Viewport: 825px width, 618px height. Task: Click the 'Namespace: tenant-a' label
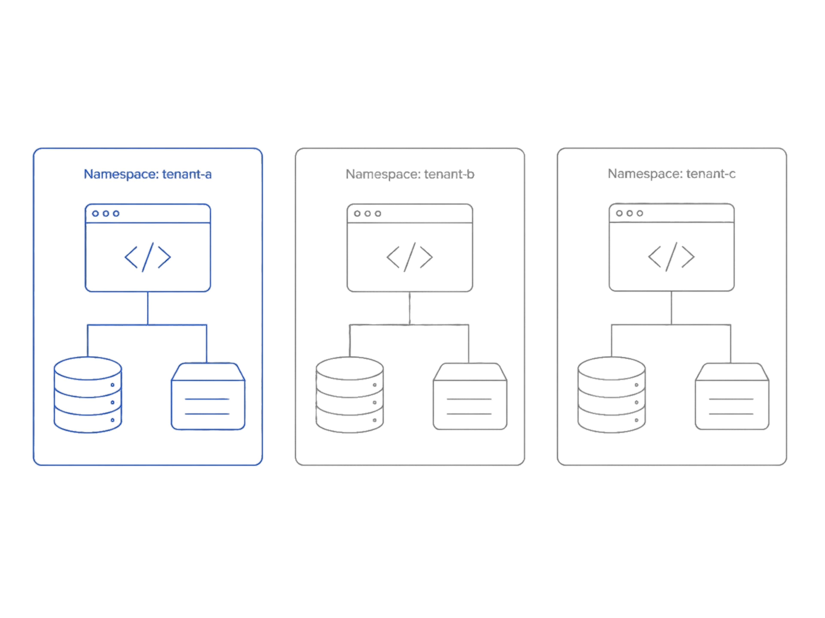click(x=148, y=174)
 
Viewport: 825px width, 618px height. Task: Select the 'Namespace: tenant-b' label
click(x=410, y=174)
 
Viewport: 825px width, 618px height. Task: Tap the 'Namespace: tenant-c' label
click(x=672, y=174)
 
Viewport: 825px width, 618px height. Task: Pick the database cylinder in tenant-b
click(x=350, y=395)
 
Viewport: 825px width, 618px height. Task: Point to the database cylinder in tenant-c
click(x=612, y=395)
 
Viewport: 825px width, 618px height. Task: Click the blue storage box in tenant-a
click(x=208, y=396)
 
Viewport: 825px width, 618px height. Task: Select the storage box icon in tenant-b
click(x=470, y=396)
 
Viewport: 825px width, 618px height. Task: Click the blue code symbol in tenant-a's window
click(x=148, y=257)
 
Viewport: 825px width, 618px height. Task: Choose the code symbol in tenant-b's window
click(x=409, y=257)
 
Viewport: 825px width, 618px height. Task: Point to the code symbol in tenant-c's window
click(x=671, y=257)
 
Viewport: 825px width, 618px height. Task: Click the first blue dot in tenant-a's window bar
click(x=95, y=214)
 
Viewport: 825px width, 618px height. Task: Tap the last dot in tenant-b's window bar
click(x=378, y=214)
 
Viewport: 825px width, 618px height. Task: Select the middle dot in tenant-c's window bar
click(x=629, y=213)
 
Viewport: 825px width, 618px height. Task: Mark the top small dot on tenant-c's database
click(x=636, y=385)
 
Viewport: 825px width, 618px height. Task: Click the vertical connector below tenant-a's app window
click(x=148, y=308)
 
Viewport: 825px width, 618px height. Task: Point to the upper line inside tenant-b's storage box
click(x=469, y=399)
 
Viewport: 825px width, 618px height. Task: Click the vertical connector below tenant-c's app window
click(x=671, y=308)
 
